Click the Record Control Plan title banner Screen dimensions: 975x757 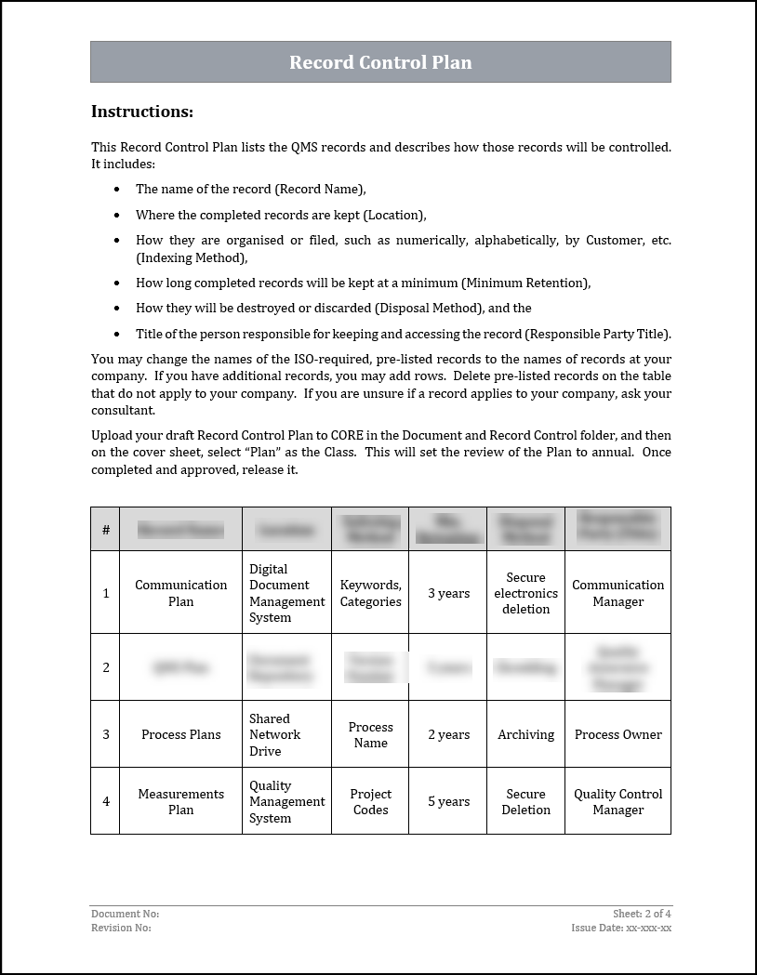380,62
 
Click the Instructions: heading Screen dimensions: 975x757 142,112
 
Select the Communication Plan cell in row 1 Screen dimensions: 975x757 180,593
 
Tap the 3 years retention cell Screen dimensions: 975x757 448,593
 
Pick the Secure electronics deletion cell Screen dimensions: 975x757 525,593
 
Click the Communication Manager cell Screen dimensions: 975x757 618,593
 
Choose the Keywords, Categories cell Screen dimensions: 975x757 370,593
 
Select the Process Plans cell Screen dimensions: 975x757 180,734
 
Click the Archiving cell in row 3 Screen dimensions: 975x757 525,734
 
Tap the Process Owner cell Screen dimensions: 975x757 618,734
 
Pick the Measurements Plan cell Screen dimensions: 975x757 180,801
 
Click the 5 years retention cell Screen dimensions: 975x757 448,801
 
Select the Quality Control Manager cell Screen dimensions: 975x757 618,801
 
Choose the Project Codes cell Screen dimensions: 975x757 370,801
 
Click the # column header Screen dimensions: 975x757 106,530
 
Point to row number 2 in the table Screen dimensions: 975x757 106,667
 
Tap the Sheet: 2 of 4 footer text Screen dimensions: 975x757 642,914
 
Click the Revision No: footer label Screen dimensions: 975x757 121,928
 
